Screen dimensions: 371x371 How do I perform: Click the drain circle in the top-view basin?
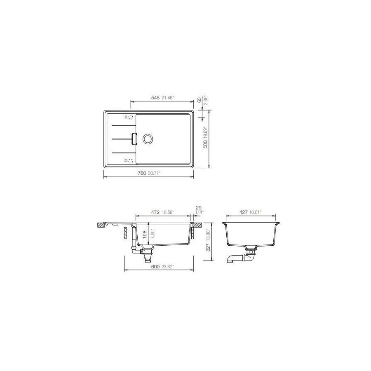(148, 139)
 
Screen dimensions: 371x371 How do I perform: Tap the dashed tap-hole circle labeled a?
(130, 117)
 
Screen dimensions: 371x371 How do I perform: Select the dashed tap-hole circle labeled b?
(130, 161)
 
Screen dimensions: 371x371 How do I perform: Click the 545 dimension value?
(155, 98)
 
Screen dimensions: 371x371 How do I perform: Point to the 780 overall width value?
(142, 173)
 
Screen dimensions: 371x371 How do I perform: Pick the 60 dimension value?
(199, 100)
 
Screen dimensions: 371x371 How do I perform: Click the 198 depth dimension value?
(144, 235)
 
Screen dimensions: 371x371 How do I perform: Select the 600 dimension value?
(155, 267)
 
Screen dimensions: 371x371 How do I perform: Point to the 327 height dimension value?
(208, 247)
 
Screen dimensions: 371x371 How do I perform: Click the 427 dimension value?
(243, 212)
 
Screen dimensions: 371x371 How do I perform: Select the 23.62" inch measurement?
(167, 267)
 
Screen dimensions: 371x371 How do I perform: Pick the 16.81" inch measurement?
(256, 212)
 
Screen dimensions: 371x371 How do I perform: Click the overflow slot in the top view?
(134, 139)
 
